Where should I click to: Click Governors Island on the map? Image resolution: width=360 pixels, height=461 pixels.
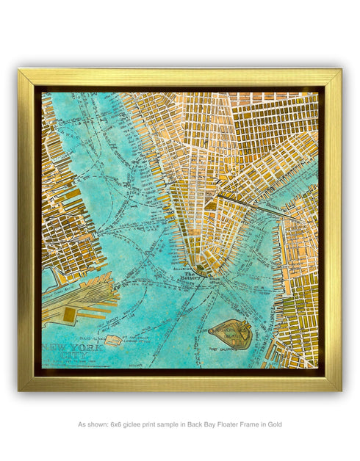coord(231,334)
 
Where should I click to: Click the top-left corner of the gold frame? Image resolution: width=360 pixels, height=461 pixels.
coord(20,70)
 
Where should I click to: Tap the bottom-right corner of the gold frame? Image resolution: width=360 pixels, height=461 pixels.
coord(340,389)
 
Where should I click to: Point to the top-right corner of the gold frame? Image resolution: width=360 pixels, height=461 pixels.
coord(340,70)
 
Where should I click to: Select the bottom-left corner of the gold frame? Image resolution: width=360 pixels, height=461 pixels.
coord(20,389)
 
